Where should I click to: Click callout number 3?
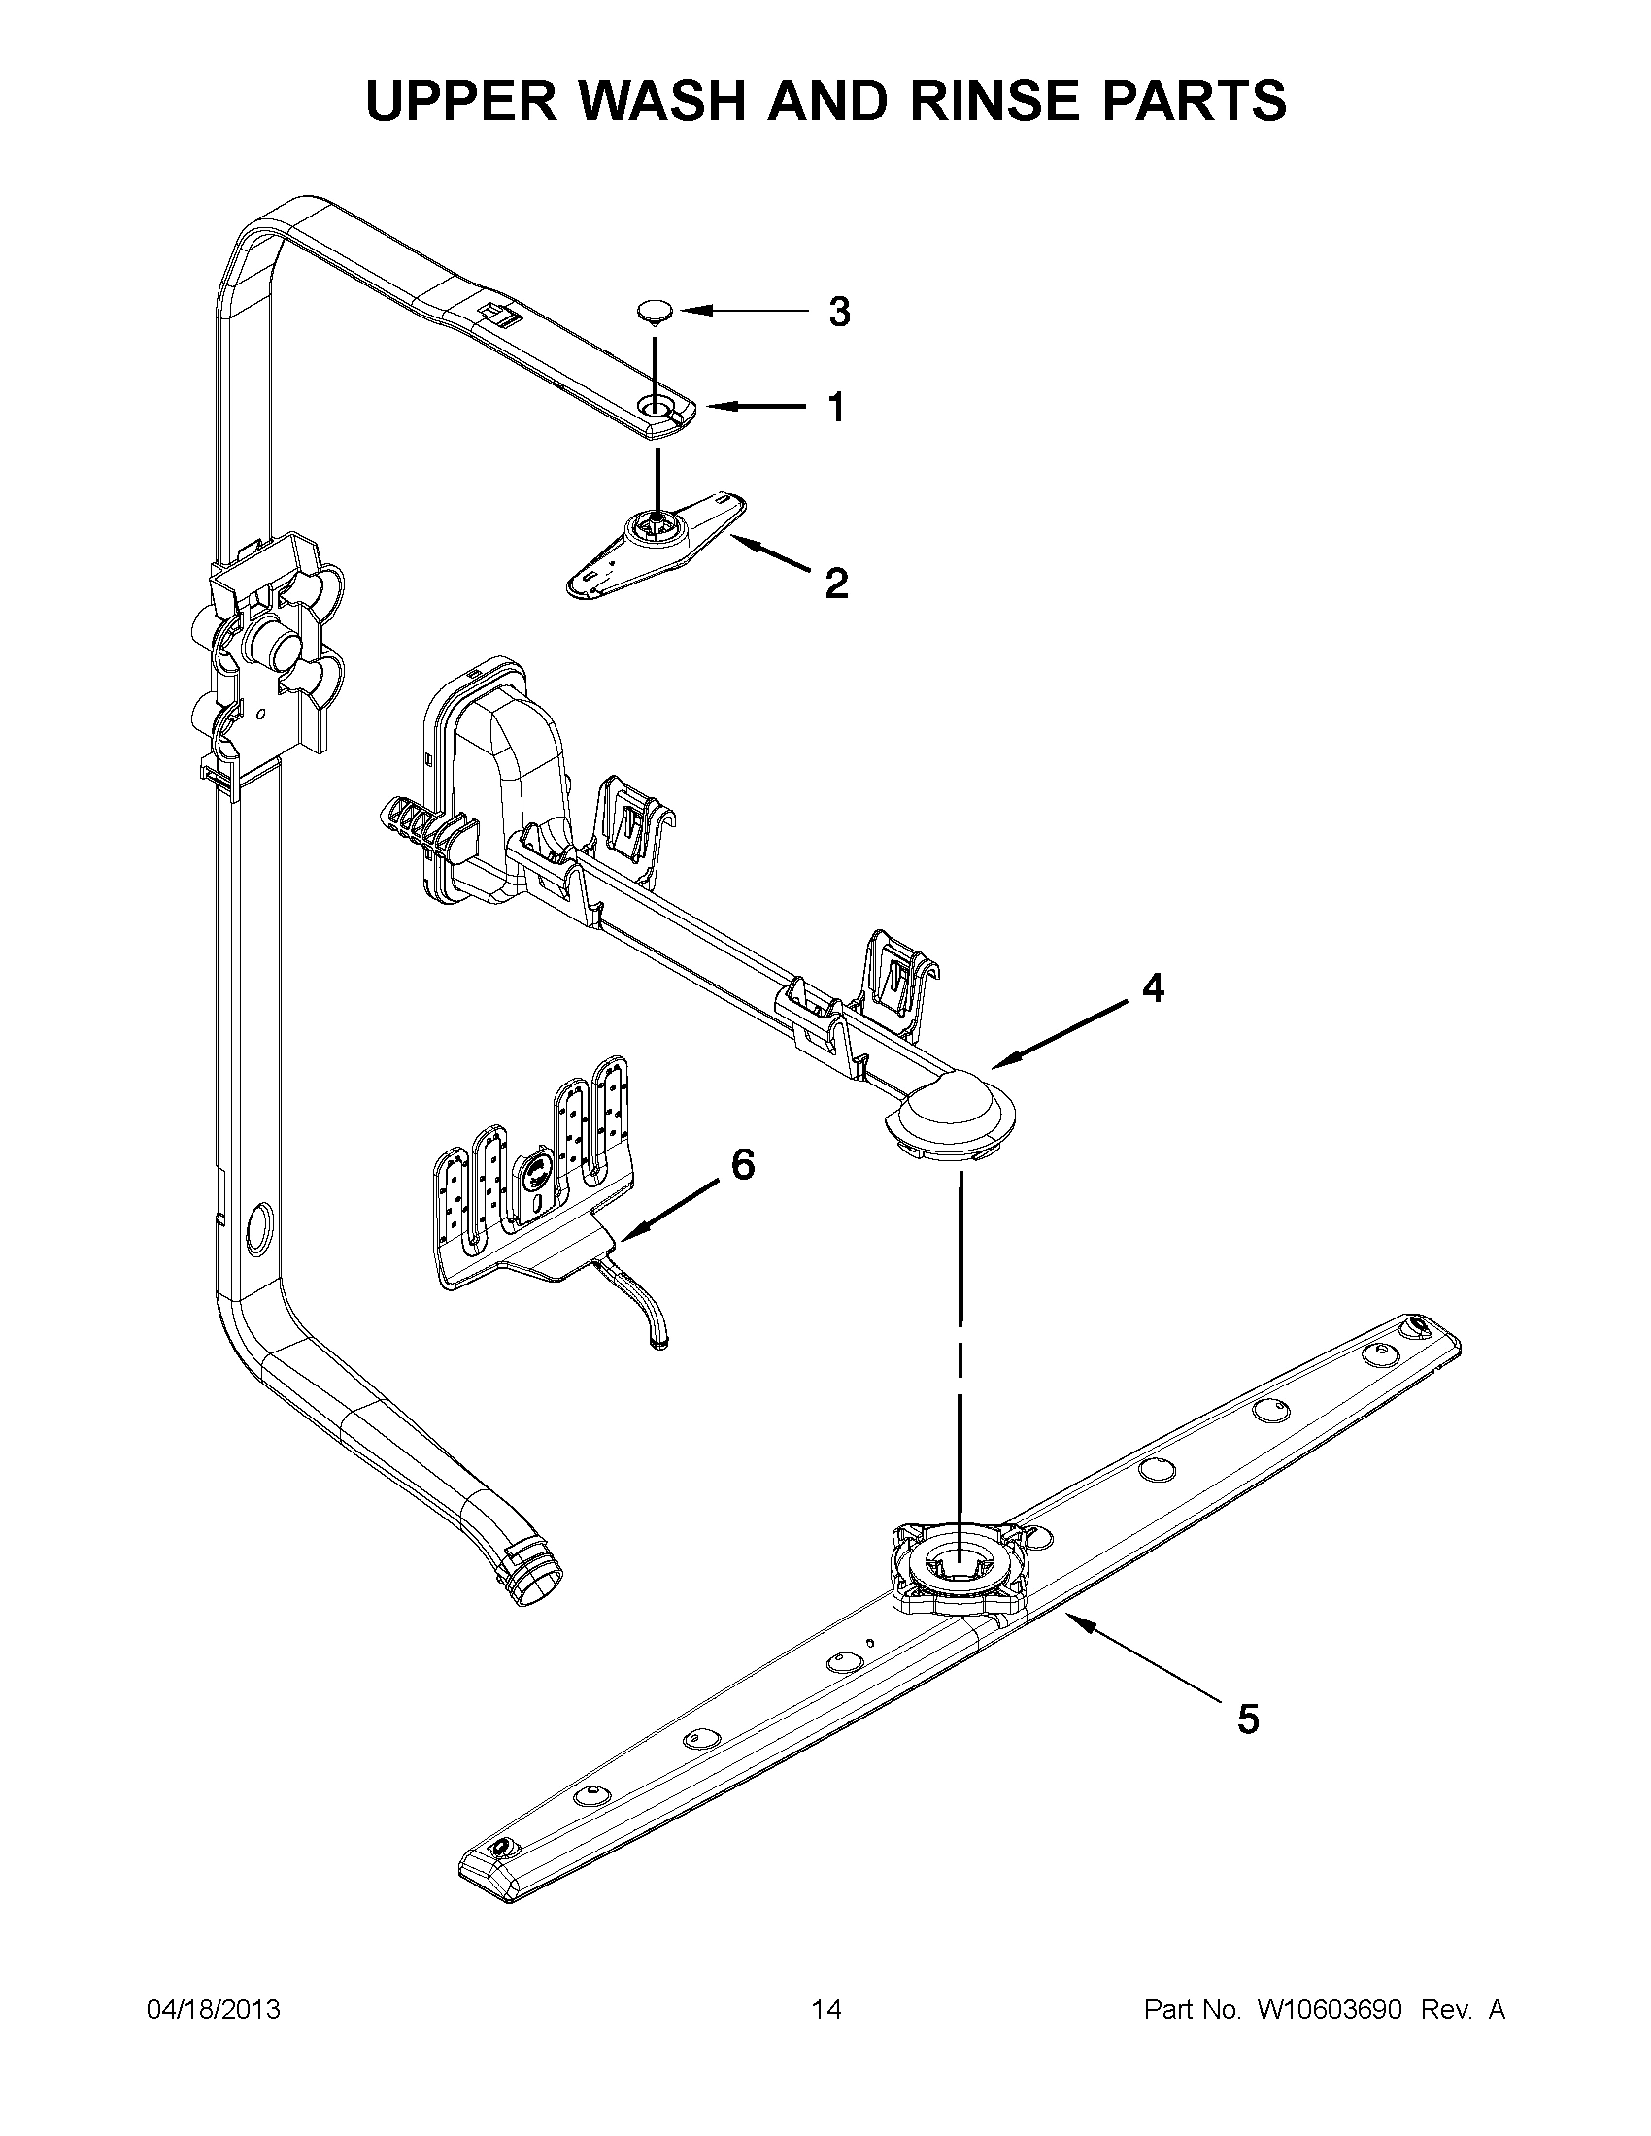click(x=839, y=312)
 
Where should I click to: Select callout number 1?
click(x=835, y=408)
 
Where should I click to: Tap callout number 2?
click(x=836, y=584)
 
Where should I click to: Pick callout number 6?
click(x=743, y=1164)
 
